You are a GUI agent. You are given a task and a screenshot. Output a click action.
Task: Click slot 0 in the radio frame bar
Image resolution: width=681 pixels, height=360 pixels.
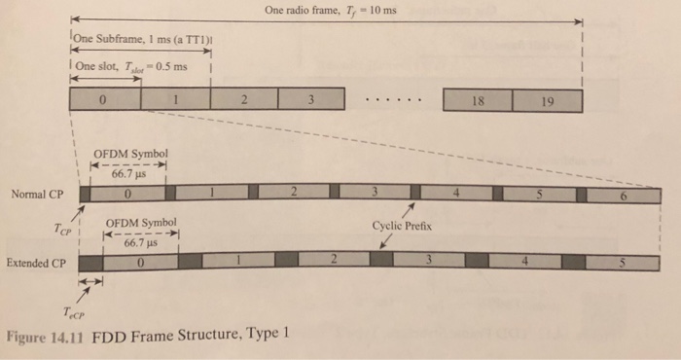tap(105, 100)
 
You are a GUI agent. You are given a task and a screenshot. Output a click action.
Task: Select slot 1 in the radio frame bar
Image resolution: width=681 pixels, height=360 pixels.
tap(175, 100)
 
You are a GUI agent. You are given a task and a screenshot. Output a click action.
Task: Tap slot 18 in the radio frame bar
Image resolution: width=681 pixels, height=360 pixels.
tap(477, 100)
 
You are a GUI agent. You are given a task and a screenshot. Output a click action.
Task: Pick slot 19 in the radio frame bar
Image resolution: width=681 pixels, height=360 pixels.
tap(547, 100)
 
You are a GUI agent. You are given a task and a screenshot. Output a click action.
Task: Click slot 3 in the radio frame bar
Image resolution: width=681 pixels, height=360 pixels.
tap(311, 100)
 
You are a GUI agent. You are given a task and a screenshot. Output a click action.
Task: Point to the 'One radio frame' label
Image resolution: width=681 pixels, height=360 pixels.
tap(331, 11)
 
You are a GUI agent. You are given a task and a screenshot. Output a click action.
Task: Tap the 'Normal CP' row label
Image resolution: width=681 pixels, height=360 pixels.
tap(37, 194)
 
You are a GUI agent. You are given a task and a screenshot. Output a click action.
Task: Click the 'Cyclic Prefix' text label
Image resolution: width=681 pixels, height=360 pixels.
tap(402, 225)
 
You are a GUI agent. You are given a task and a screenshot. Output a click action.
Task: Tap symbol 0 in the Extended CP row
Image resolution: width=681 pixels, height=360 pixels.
tap(143, 262)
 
